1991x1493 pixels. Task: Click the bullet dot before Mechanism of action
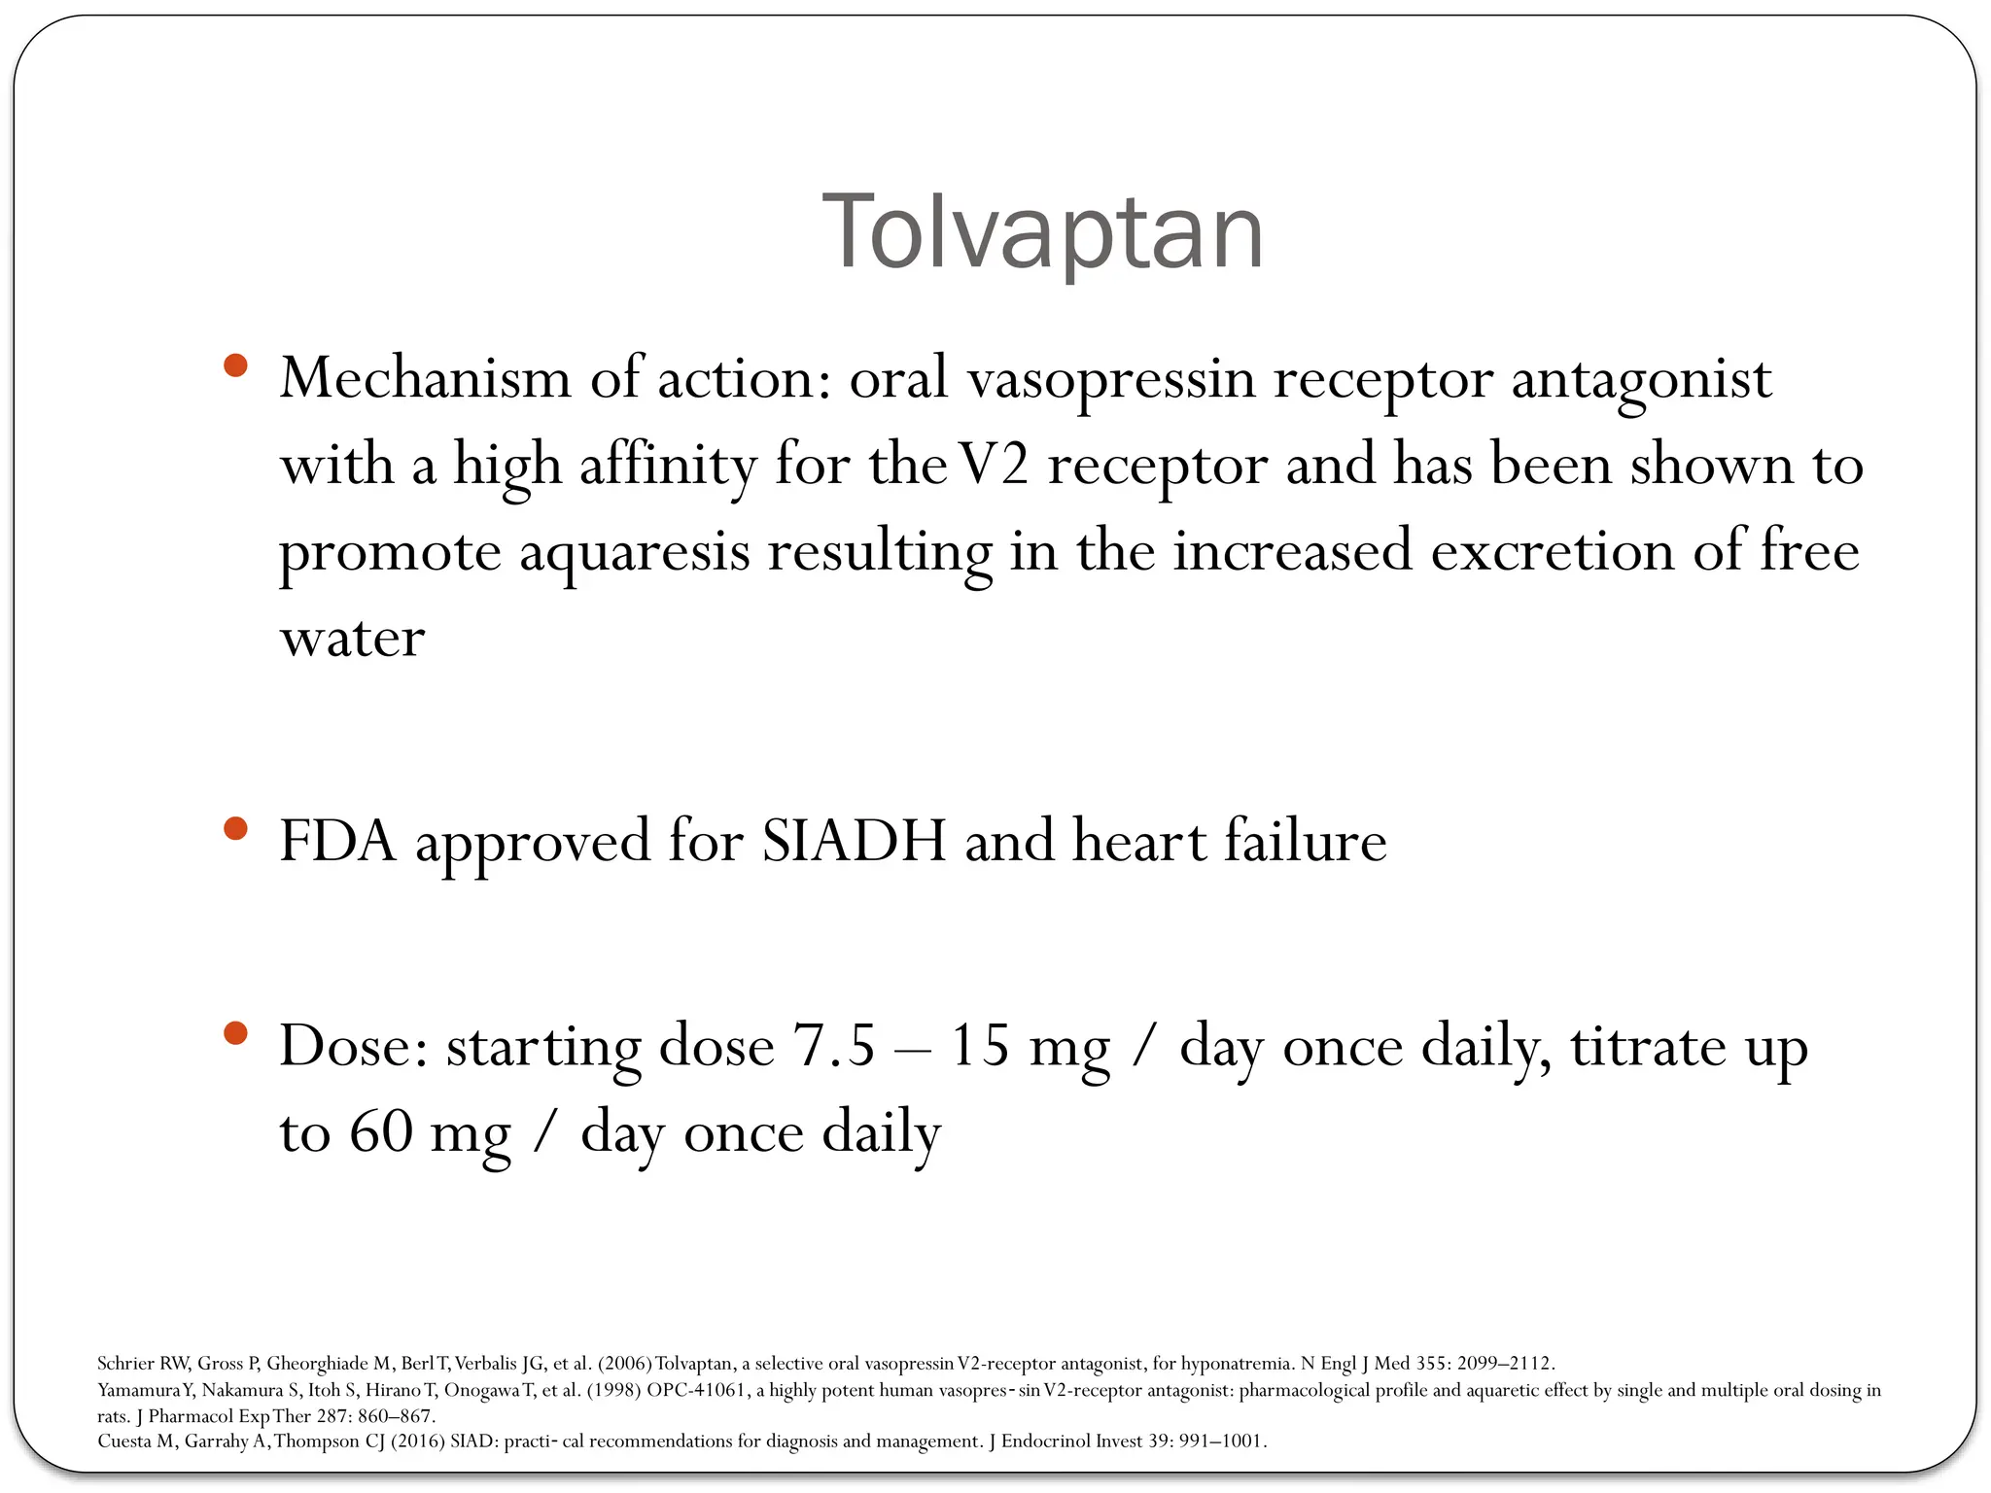235,366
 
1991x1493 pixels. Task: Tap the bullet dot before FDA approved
235,829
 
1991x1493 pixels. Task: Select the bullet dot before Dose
235,1033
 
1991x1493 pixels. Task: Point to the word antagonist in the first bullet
1640,379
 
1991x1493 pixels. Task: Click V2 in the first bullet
993,465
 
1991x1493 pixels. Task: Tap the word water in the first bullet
352,639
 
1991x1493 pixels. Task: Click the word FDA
337,841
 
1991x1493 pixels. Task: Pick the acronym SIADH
853,841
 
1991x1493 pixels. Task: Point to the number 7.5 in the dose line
833,1047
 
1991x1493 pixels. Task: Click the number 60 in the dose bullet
380,1132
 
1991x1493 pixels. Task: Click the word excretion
1552,551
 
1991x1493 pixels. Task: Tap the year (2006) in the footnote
624,1363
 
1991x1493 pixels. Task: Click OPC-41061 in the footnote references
696,1390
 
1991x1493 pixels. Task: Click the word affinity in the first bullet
668,465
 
